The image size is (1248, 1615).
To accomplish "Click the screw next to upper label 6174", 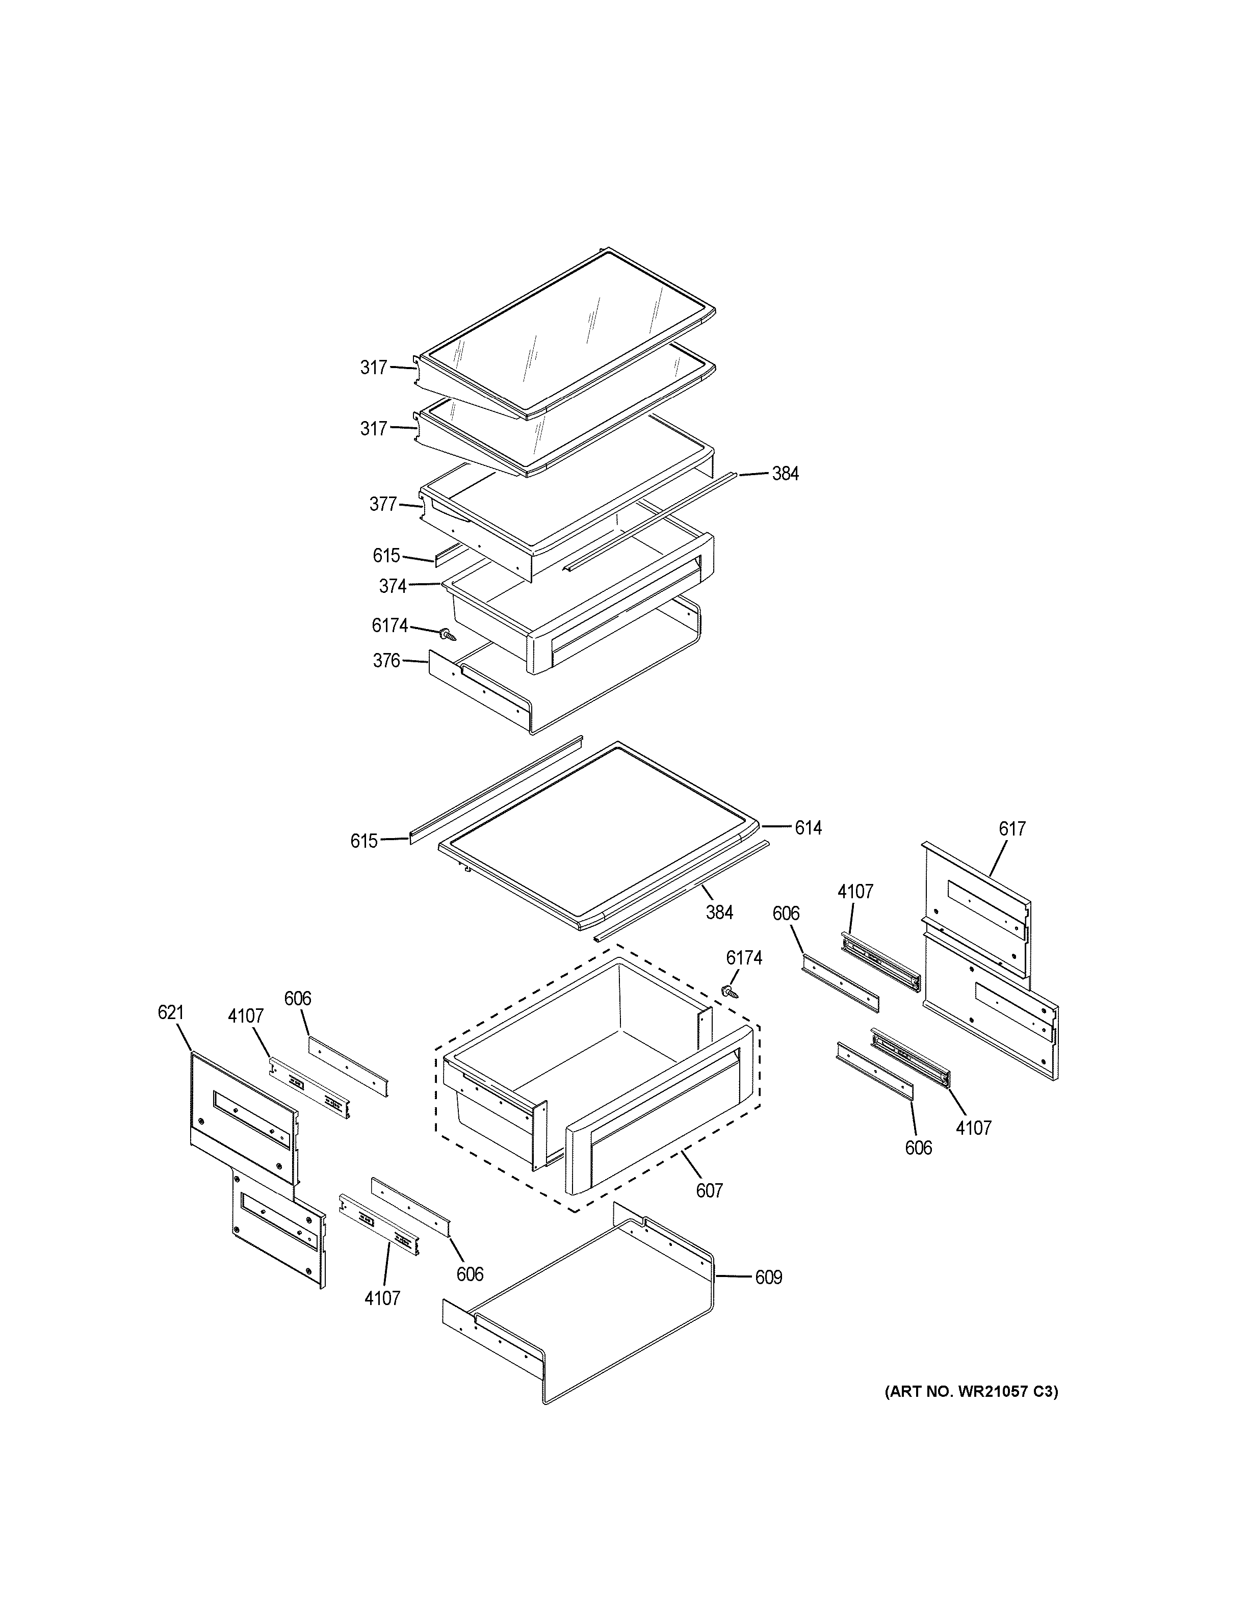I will pyautogui.click(x=447, y=634).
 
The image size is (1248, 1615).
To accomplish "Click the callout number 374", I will pyautogui.click(x=393, y=586).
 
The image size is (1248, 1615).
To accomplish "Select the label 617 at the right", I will pyautogui.click(x=1012, y=829).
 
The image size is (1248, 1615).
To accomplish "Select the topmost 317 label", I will pyautogui.click(x=373, y=368).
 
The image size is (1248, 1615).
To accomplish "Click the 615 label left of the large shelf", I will pyautogui.click(x=364, y=841).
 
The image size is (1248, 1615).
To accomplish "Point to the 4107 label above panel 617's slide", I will pyautogui.click(x=855, y=892).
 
